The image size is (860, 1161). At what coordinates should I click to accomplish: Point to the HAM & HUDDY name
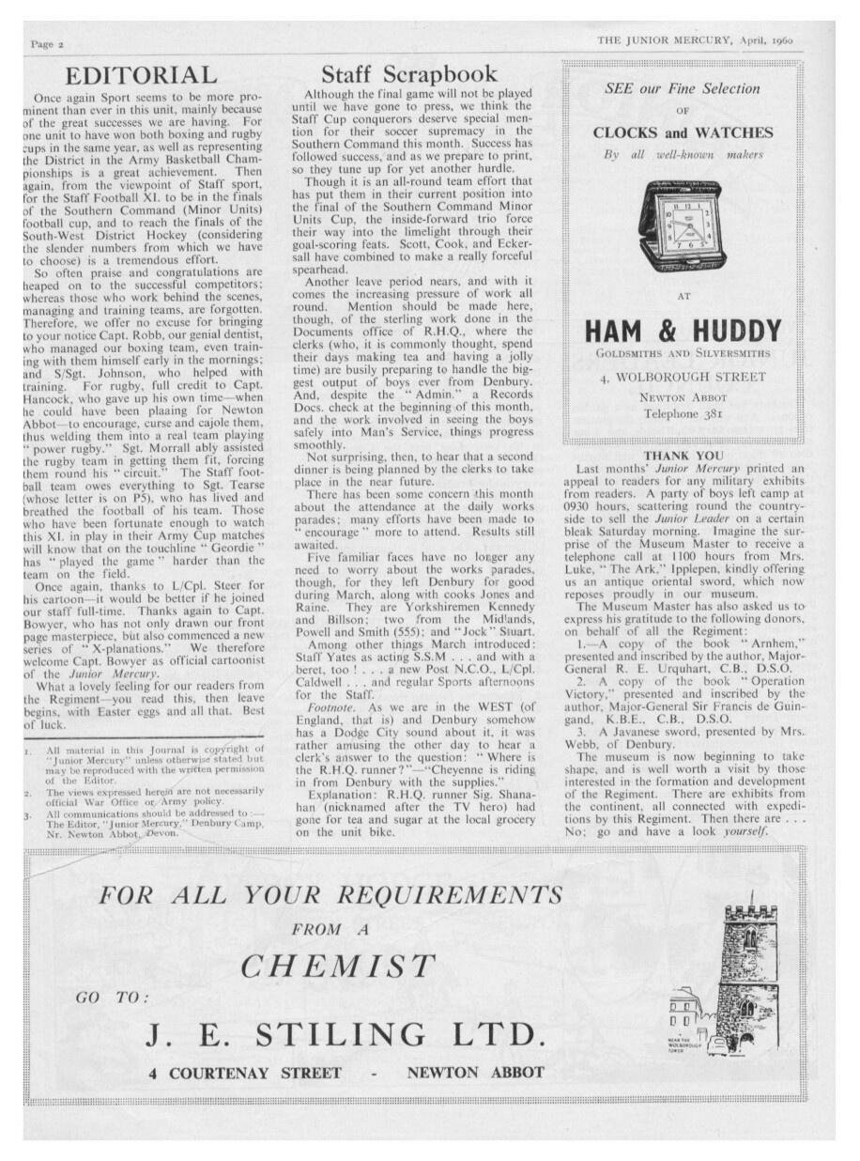[x=683, y=331]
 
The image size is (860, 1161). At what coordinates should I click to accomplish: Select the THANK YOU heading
[x=683, y=457]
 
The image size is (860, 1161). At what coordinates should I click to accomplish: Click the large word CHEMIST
[x=338, y=966]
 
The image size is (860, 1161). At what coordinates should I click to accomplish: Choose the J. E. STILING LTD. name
[x=346, y=1035]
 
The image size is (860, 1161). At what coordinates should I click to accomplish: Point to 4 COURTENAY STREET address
[x=245, y=1073]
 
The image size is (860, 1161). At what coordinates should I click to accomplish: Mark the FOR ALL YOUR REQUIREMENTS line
[x=330, y=894]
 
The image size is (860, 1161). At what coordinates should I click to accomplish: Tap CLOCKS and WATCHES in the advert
[x=683, y=132]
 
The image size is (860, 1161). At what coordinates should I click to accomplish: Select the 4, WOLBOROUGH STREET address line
[x=683, y=378]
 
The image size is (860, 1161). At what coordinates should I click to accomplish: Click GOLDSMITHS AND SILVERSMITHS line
[x=683, y=354]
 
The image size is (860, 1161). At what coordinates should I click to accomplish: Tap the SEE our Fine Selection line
[x=683, y=88]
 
